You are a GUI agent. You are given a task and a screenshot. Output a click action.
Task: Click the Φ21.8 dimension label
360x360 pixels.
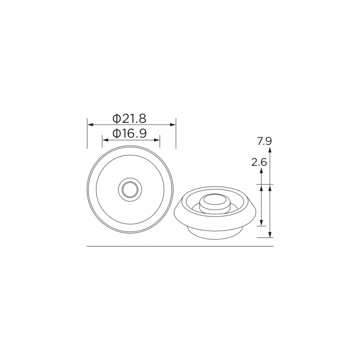point(129,118)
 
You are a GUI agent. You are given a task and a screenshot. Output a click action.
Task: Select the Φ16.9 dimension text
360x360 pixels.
point(129,133)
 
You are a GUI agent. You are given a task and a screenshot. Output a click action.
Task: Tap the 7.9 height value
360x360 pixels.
point(264,141)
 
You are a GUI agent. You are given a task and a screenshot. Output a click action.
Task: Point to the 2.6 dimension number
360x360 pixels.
point(259,162)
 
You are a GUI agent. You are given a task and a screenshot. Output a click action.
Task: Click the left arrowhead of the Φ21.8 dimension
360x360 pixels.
point(90,124)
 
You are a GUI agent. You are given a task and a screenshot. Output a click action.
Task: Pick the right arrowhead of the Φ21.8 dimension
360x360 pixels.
point(172,124)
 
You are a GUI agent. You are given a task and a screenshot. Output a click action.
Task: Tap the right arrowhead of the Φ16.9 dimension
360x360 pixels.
point(156,140)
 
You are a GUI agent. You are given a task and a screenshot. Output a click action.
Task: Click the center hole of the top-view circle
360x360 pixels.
point(130,189)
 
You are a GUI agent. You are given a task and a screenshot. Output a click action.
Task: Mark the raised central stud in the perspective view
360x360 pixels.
point(215,203)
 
